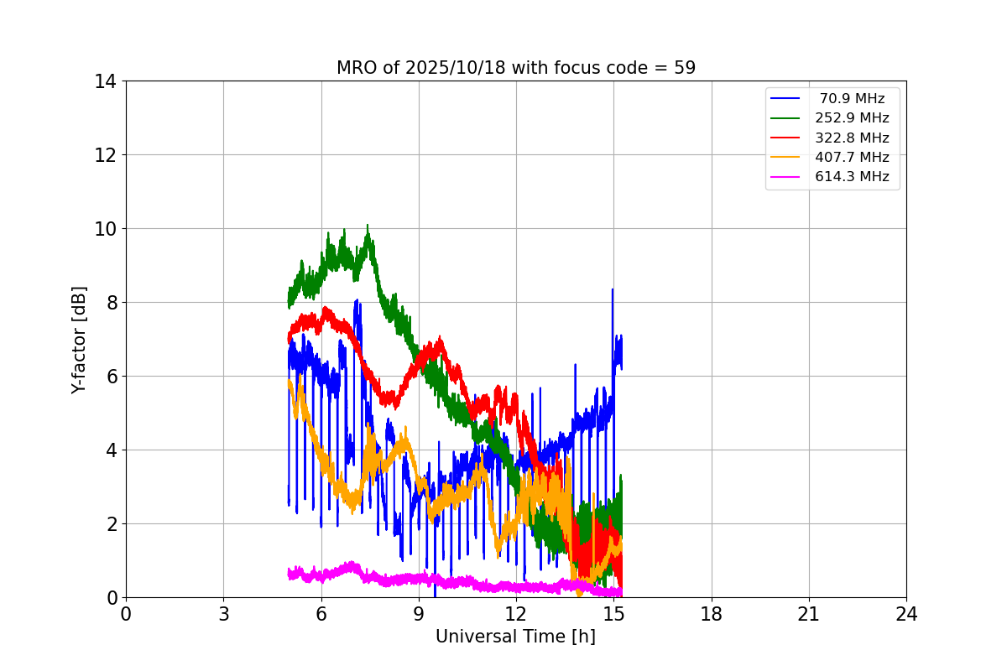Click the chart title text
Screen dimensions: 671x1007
coord(515,68)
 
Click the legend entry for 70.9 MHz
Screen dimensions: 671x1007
coord(852,99)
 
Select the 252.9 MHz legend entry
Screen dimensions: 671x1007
coord(852,118)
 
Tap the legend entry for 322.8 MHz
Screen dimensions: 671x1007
coord(852,138)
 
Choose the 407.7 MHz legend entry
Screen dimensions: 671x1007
coord(852,157)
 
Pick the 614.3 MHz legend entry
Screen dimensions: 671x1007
coord(852,177)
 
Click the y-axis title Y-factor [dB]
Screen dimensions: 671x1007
coord(79,339)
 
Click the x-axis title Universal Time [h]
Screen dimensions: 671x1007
coord(515,637)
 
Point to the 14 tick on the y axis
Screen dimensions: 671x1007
coord(105,81)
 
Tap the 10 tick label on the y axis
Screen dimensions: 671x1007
coord(105,229)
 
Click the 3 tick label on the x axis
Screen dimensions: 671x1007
coord(223,614)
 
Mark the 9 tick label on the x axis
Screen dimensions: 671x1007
coord(419,614)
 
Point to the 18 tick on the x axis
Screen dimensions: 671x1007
coord(712,614)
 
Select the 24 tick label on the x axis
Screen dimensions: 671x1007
coord(906,614)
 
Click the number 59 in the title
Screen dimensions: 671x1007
coord(685,68)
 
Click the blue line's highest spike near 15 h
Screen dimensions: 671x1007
coord(613,289)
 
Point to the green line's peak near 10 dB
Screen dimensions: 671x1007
coord(368,226)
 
